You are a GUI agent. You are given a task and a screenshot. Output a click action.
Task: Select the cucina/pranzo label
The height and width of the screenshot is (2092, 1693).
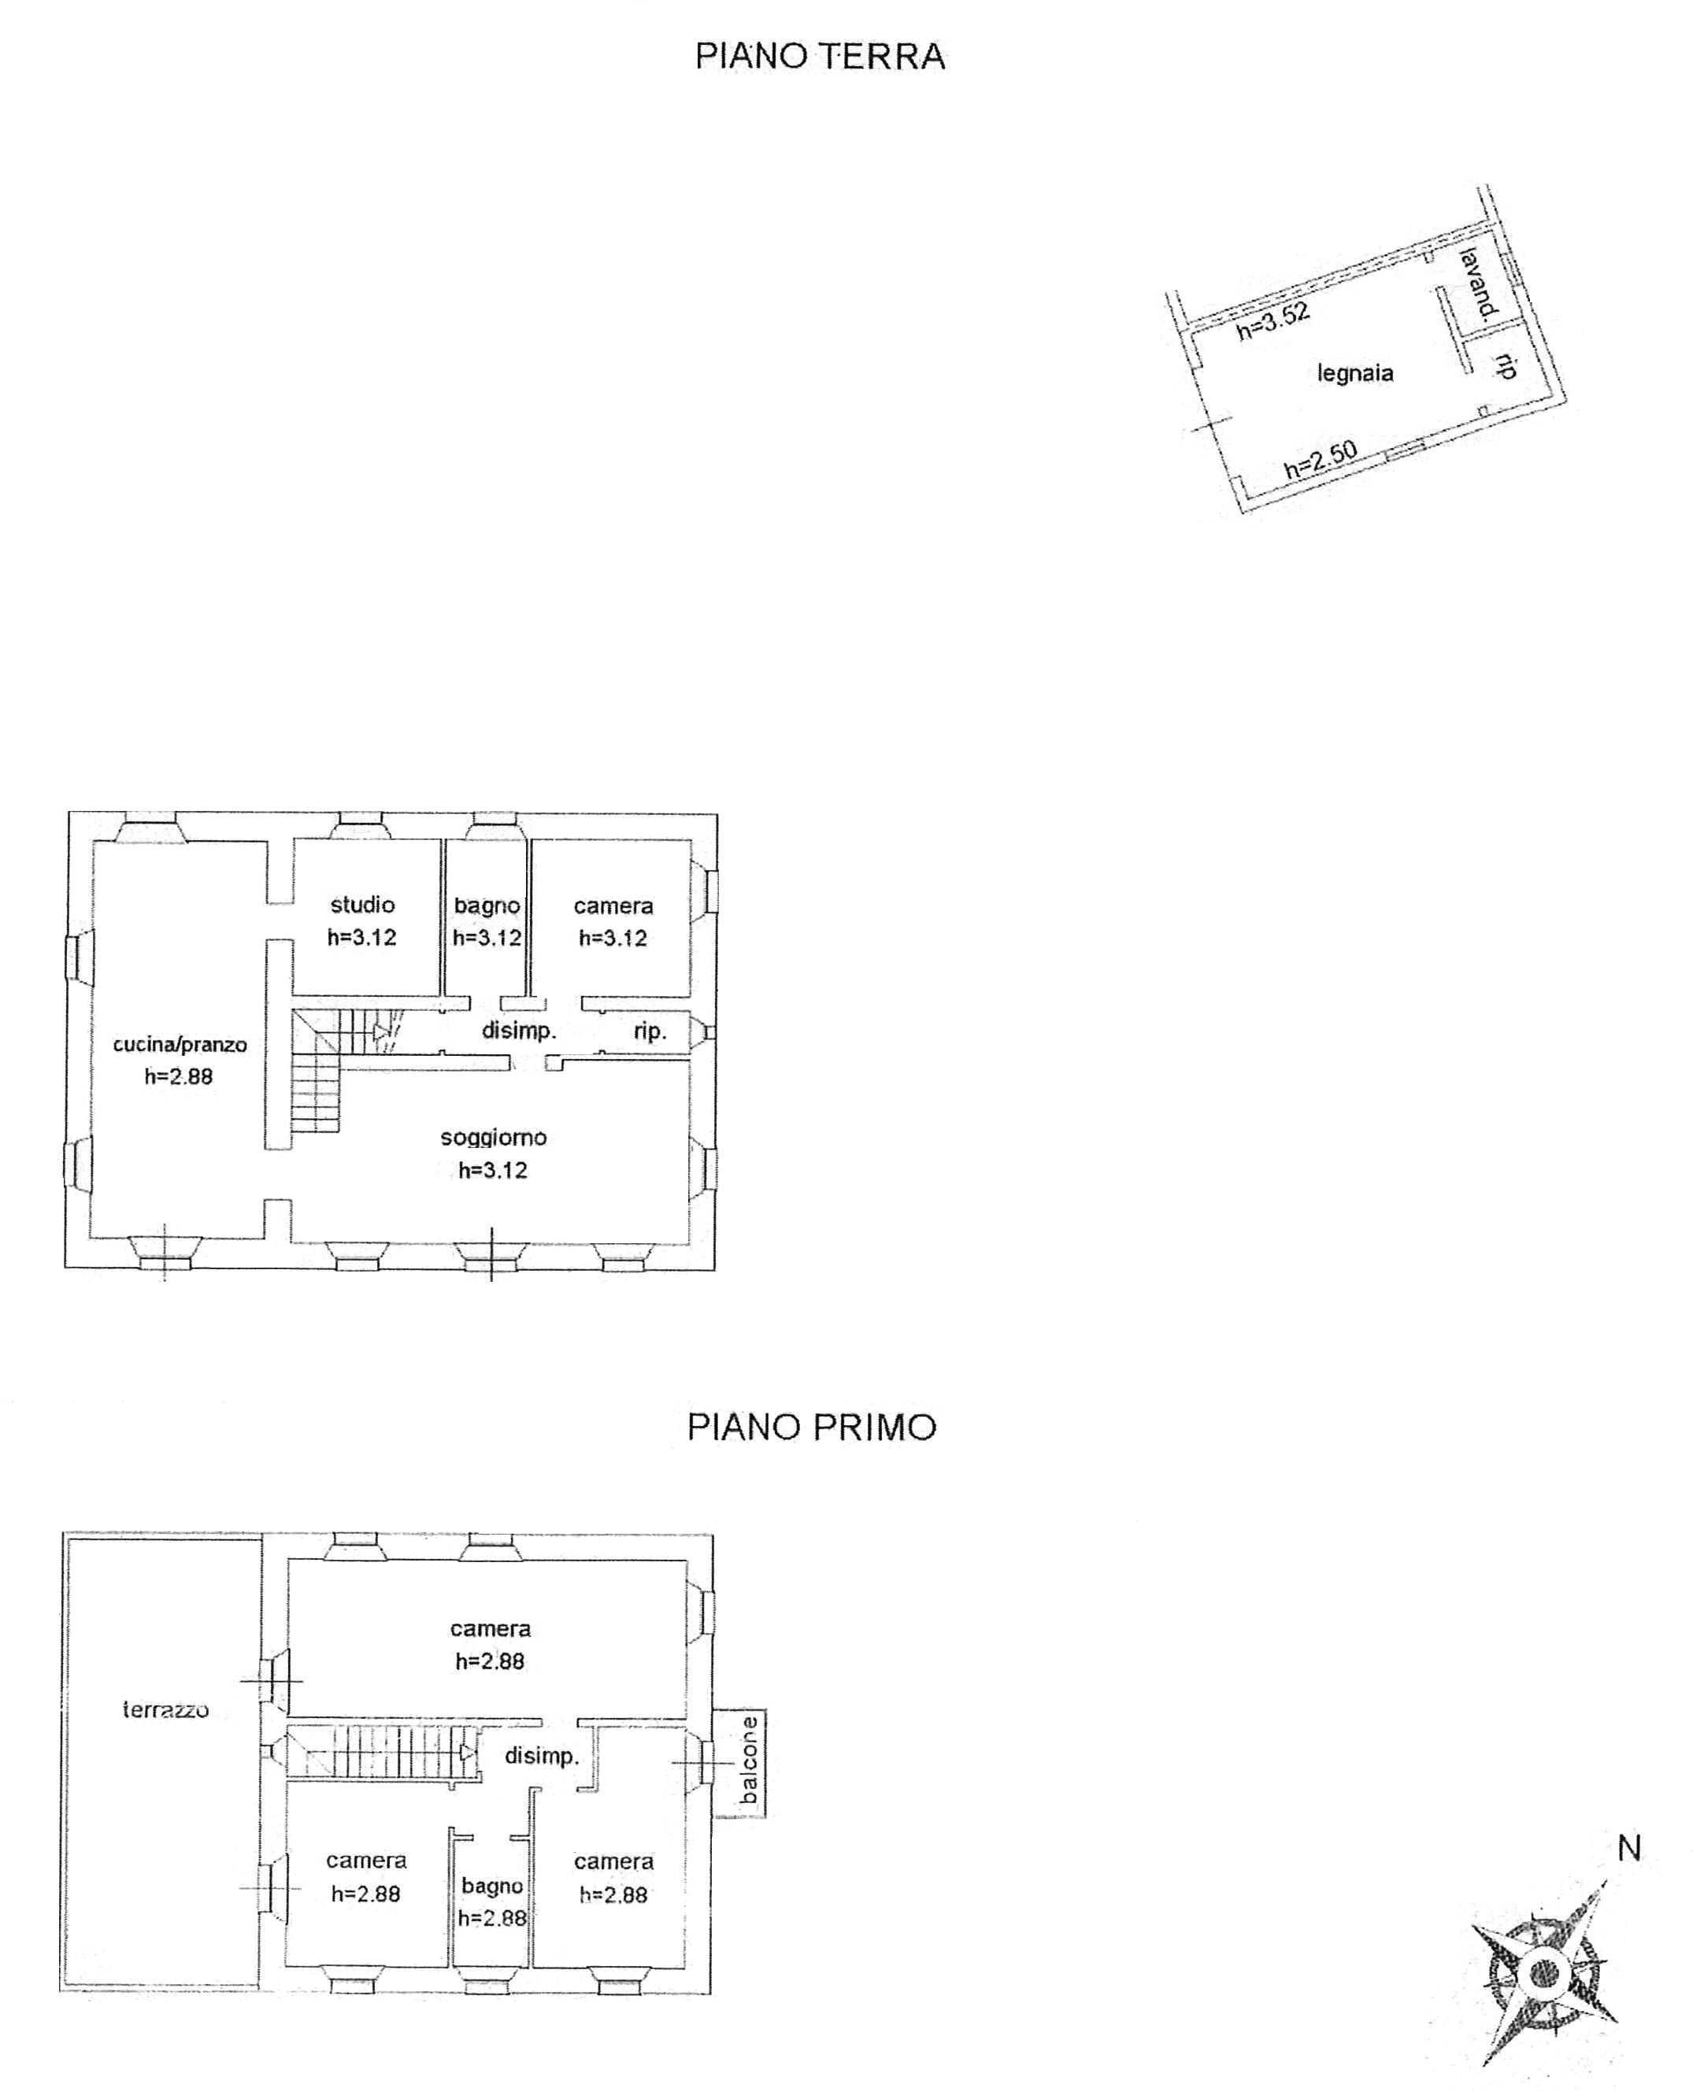[x=180, y=1045]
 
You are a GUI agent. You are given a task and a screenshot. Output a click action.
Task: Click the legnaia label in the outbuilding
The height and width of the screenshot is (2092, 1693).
[x=1354, y=372]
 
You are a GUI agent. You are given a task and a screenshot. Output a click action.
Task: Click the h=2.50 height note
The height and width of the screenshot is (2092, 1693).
[x=1321, y=459]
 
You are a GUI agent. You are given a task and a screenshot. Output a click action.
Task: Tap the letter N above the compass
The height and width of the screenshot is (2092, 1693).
[x=1629, y=1847]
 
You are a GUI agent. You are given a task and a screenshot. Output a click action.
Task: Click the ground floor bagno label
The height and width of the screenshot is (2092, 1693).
[x=487, y=905]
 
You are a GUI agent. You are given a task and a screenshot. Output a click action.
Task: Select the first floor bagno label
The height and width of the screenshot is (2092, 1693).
[x=492, y=1887]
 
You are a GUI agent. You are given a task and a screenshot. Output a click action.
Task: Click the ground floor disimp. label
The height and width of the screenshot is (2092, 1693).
[x=519, y=1030]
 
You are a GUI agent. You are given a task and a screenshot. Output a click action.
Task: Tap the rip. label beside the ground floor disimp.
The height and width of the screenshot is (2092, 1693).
[x=650, y=1031]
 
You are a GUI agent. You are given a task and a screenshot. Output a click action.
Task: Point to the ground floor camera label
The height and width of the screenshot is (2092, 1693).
[x=613, y=906]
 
